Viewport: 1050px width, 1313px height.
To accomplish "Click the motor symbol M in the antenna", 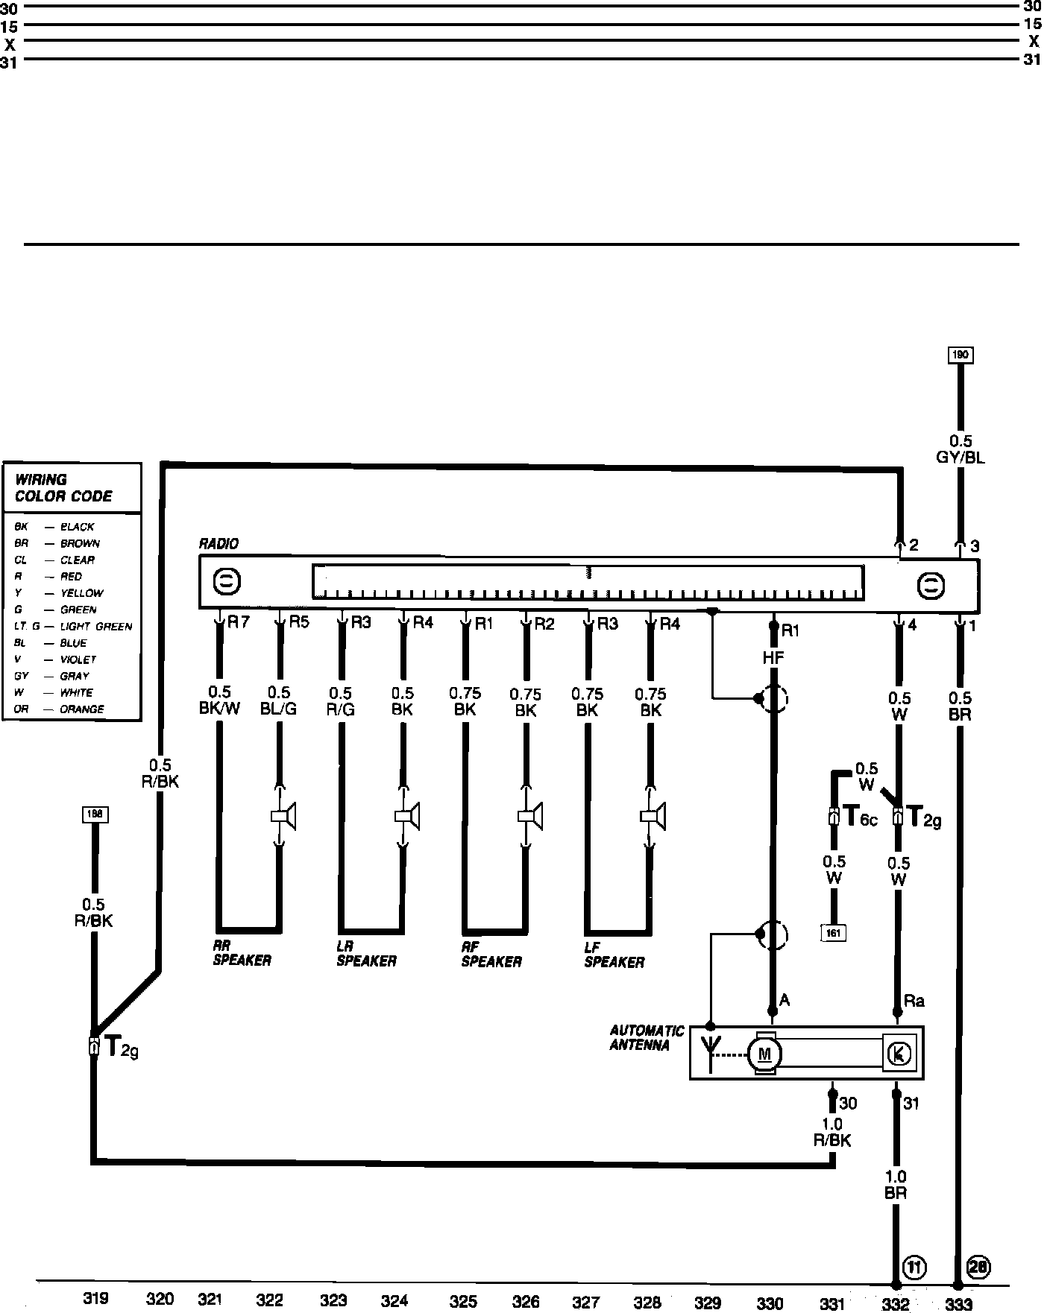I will [764, 1054].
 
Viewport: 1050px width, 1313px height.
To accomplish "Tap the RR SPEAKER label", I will [242, 954].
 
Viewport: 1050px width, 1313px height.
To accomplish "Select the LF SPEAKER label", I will [614, 955].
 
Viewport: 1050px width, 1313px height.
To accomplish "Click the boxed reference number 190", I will [960, 355].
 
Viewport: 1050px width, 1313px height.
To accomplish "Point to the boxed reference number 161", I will [834, 932].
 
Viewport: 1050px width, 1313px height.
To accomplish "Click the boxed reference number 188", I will [95, 814].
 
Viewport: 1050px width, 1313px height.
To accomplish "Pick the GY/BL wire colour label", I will [961, 458].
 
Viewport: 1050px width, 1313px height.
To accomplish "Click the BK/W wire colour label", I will [219, 709].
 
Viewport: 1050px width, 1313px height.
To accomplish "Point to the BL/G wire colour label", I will [278, 709].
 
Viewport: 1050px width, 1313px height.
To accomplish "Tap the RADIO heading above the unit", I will [219, 544].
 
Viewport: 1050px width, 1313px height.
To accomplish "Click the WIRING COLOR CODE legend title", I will [63, 488].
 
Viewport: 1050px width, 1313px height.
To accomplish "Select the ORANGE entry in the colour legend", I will [82, 709].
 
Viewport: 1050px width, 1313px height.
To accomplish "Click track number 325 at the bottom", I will [463, 1301].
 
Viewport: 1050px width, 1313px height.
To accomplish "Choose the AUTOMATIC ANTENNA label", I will [647, 1038].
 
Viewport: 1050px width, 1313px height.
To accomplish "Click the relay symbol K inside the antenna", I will [899, 1054].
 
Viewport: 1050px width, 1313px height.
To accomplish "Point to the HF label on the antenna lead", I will [773, 658].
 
